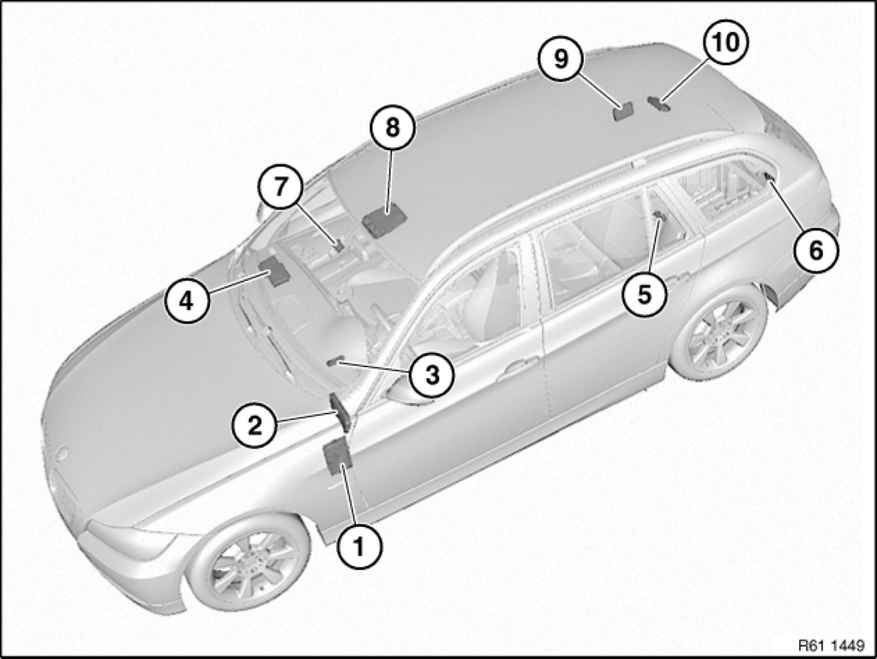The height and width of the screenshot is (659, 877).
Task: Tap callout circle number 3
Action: point(431,373)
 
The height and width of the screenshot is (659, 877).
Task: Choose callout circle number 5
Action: point(645,294)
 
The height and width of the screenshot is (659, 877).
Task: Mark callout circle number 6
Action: point(815,251)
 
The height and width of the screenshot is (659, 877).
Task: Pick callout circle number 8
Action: point(392,128)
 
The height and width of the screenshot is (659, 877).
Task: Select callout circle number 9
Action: point(560,59)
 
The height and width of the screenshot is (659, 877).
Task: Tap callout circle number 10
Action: point(725,42)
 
